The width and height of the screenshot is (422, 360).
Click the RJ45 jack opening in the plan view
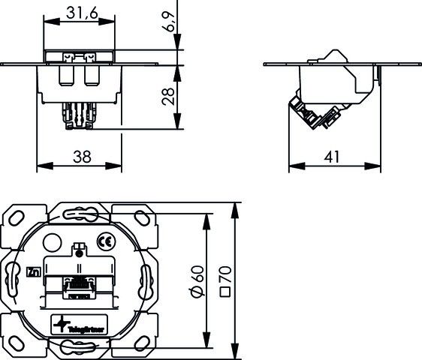(77, 286)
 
